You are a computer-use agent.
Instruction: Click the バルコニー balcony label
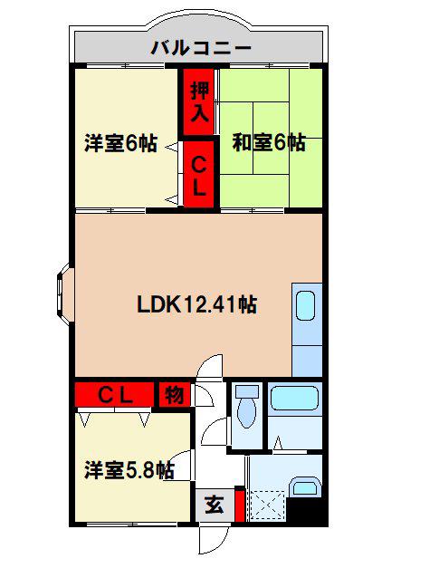[201, 48]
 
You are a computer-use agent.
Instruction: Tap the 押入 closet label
[200, 101]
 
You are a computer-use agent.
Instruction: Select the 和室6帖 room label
[269, 142]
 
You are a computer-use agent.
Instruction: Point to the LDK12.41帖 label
[197, 304]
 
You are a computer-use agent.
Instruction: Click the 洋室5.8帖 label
[129, 470]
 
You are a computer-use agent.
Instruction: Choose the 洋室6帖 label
[121, 143]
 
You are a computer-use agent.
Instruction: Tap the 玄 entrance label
[215, 505]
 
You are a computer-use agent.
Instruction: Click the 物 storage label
[175, 394]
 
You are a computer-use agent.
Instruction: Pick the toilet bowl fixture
[247, 407]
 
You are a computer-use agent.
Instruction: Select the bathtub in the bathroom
[294, 398]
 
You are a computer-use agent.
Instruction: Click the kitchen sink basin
[305, 306]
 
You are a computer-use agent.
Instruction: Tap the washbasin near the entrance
[306, 486]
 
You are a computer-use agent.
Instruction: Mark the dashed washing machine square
[267, 505]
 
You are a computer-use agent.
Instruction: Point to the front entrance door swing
[214, 540]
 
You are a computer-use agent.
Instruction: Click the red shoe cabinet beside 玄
[240, 505]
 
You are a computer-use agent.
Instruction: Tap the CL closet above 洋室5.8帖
[114, 394]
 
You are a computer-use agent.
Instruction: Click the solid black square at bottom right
[307, 511]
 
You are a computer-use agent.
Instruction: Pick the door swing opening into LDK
[209, 367]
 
